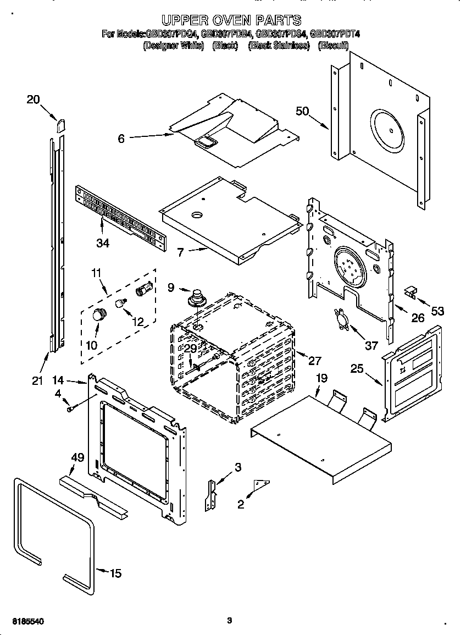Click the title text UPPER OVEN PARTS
(x=233, y=20)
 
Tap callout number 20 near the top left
(x=33, y=100)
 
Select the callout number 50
(x=302, y=111)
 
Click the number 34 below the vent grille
(x=103, y=243)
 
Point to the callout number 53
(x=437, y=312)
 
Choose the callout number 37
(x=371, y=345)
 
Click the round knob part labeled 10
(x=99, y=315)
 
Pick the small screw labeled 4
(x=70, y=407)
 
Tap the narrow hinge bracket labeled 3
(x=210, y=495)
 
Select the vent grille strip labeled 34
(x=120, y=214)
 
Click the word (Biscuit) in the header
(x=333, y=46)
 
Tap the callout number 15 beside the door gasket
(x=115, y=573)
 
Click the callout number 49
(x=77, y=457)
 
